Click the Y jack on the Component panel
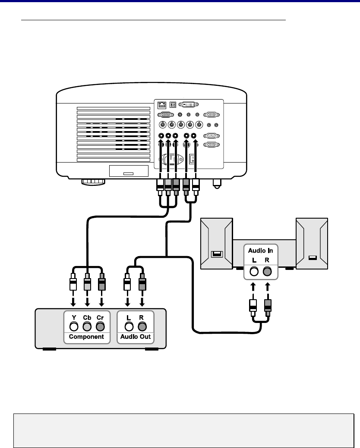pos(74,326)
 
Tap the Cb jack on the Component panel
pos(87,326)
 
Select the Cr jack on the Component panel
pos(100,326)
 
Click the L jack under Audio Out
pos(129,326)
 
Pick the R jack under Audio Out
pos(142,326)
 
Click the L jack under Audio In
pos(254,271)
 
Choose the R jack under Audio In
pos(267,271)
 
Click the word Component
pos(86,337)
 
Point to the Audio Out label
pos(136,337)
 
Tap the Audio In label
pos(260,251)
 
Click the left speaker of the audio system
pos(216,244)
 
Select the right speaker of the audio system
pos(312,244)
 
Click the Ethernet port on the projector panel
pos(162,105)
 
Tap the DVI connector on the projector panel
pos(189,105)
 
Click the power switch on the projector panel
pos(193,159)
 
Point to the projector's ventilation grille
pos(113,134)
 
